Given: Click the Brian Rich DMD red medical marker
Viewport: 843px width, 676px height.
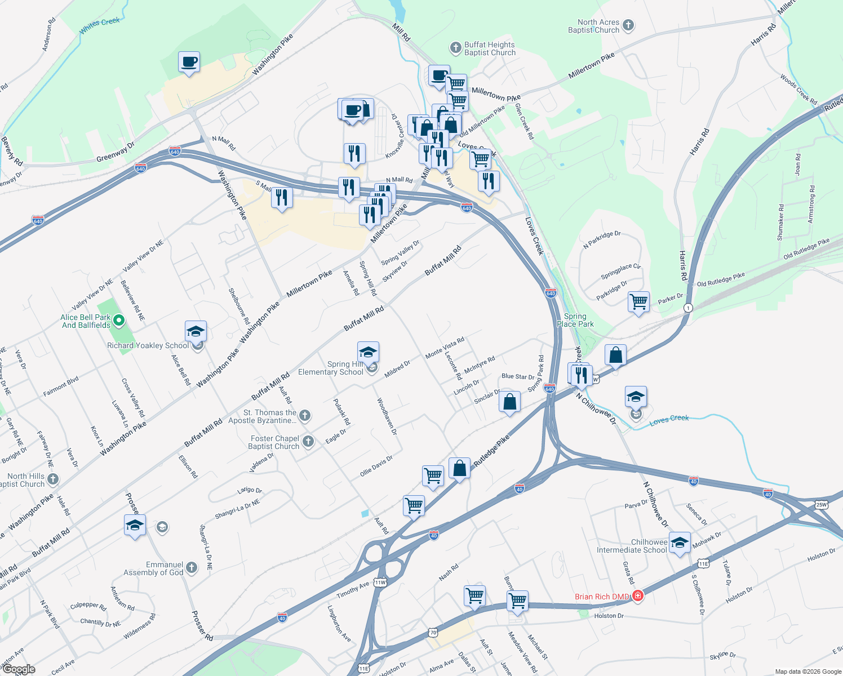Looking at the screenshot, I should coord(637,596).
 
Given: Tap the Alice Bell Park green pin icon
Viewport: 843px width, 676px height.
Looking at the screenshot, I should coord(118,321).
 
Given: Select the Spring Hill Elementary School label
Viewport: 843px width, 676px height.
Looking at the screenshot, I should coord(331,368).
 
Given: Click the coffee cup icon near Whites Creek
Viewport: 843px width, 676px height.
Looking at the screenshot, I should coord(189,62).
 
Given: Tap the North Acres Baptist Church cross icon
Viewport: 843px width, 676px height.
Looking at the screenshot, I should coord(628,25).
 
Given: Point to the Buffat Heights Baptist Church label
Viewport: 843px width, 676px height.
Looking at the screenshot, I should coord(490,48).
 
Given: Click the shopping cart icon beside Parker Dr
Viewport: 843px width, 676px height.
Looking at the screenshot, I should coord(638,302).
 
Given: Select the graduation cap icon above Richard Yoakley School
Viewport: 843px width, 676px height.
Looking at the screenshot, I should coord(196,331).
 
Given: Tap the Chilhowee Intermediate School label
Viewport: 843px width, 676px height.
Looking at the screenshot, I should coord(632,546).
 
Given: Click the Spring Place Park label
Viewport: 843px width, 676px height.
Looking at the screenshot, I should coord(575,320).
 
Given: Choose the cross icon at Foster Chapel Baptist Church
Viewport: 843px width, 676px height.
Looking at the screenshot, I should coord(308,442).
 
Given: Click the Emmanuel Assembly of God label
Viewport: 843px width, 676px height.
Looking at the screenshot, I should coord(153,568).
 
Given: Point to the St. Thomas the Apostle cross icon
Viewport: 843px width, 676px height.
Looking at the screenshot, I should coord(304,416).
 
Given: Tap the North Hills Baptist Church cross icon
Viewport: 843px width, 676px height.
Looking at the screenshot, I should coord(52,479).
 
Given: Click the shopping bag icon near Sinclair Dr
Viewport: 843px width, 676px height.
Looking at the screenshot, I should coord(509,402).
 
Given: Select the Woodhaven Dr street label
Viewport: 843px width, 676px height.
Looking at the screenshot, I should coord(387,417).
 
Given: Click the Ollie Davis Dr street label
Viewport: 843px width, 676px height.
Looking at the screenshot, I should coord(376,466).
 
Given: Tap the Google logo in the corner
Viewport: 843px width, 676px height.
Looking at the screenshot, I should coord(19,669).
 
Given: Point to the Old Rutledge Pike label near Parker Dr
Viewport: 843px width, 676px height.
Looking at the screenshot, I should coord(721,279).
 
